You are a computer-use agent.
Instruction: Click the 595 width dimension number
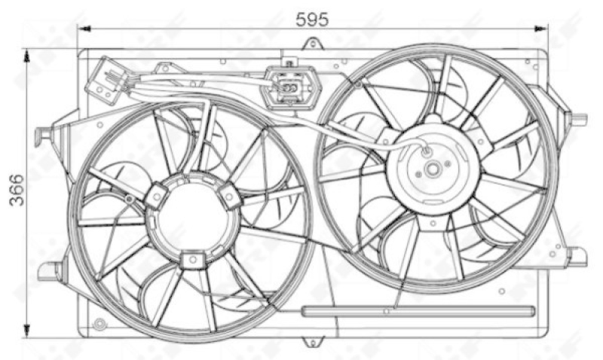pos(312,20)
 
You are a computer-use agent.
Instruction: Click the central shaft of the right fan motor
pos(431,169)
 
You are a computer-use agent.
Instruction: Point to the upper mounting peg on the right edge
pos(578,119)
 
